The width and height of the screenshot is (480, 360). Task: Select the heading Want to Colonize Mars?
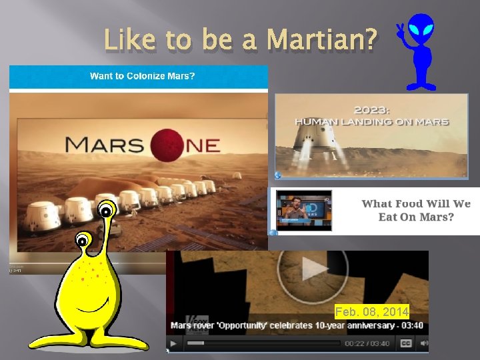[143, 76]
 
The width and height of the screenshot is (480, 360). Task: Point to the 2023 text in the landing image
[372, 109]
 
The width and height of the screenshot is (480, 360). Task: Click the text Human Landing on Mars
[372, 122]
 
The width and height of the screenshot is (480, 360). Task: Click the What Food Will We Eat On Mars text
[415, 210]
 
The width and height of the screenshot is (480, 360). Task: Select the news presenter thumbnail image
[304, 211]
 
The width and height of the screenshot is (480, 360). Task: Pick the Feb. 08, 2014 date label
[371, 311]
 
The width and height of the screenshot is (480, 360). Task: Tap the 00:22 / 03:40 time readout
[368, 343]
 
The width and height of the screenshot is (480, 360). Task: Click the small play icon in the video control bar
[173, 344]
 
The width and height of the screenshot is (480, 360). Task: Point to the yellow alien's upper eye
[106, 211]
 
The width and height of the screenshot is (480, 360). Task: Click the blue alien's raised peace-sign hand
[401, 31]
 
